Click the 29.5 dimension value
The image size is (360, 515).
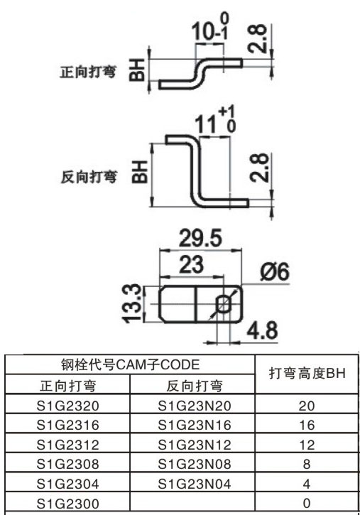(200, 238)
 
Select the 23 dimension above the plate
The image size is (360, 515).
(191, 265)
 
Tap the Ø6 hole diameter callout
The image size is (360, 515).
(275, 272)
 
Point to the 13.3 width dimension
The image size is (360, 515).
(133, 303)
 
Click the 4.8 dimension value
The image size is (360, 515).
(262, 330)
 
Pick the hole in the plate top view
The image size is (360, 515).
(222, 303)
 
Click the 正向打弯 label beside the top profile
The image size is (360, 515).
(88, 72)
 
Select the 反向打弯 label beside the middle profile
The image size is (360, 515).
(89, 177)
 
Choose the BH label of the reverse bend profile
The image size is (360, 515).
(140, 171)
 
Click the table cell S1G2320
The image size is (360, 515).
(67, 406)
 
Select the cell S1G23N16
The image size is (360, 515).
(195, 425)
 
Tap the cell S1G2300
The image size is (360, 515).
(67, 503)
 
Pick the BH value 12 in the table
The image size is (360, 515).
(307, 445)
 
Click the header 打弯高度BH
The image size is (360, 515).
(307, 374)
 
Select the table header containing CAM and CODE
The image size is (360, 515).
(130, 364)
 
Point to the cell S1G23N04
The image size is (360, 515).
(195, 484)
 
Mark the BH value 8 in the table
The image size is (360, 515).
(307, 464)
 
